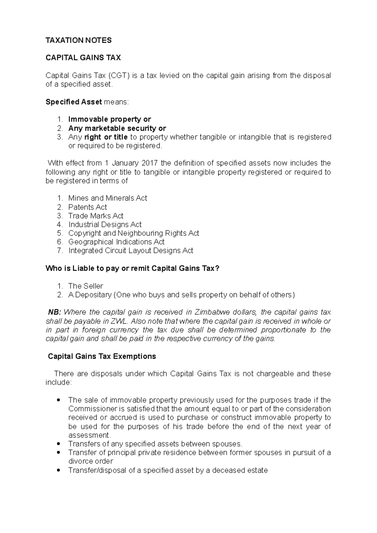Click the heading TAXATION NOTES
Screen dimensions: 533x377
(x=79, y=40)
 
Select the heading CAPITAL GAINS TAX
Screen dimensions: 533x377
(x=83, y=58)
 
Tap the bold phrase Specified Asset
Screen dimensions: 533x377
(x=74, y=102)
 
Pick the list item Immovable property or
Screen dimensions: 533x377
(x=109, y=119)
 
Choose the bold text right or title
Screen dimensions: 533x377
(x=106, y=137)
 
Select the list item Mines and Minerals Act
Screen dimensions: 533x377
(x=107, y=198)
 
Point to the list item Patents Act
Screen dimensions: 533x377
(x=87, y=207)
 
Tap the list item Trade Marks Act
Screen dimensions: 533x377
(x=96, y=216)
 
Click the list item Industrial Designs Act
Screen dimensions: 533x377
(x=105, y=224)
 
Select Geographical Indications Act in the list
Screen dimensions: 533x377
(x=116, y=242)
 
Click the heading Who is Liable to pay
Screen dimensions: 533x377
(x=132, y=268)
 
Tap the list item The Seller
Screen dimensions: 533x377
(x=85, y=286)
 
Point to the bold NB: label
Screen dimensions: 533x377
(x=55, y=312)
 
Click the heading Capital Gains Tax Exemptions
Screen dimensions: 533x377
(x=101, y=356)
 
